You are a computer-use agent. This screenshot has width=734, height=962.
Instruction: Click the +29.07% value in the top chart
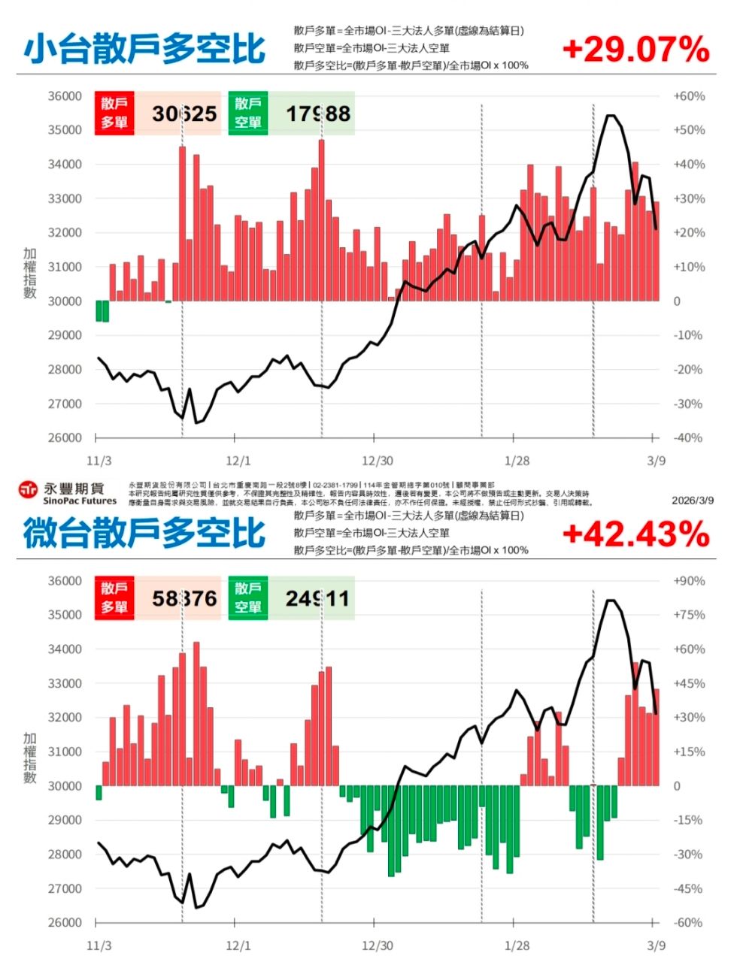pos(635,50)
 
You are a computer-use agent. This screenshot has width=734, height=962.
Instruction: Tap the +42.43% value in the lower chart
pos(635,534)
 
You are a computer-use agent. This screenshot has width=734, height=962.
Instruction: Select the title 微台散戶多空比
pos(144,534)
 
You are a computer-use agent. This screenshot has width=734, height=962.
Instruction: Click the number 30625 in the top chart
pos(184,114)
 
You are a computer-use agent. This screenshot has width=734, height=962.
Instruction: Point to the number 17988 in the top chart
pos(318,114)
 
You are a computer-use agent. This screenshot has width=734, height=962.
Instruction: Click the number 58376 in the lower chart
pos(184,599)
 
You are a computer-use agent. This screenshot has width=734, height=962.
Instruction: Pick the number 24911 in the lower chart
pos(317,599)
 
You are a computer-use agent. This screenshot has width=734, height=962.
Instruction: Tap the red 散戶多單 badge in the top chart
pos(114,113)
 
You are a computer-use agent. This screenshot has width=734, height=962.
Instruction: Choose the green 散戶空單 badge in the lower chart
pos(248,598)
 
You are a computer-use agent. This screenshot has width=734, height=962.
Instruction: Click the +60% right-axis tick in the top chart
pos(689,96)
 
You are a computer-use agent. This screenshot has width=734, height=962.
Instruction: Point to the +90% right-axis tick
pos(689,581)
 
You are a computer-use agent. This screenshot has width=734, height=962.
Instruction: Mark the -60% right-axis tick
pos(689,922)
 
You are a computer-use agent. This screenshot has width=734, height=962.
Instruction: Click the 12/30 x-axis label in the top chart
pos(377,461)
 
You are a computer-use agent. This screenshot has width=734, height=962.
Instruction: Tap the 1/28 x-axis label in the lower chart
pos(517,945)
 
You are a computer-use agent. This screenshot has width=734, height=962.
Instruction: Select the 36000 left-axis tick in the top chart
pos(64,96)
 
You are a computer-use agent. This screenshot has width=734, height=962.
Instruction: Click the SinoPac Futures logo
pos(68,493)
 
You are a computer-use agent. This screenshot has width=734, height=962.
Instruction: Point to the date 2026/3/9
pos(693,500)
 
